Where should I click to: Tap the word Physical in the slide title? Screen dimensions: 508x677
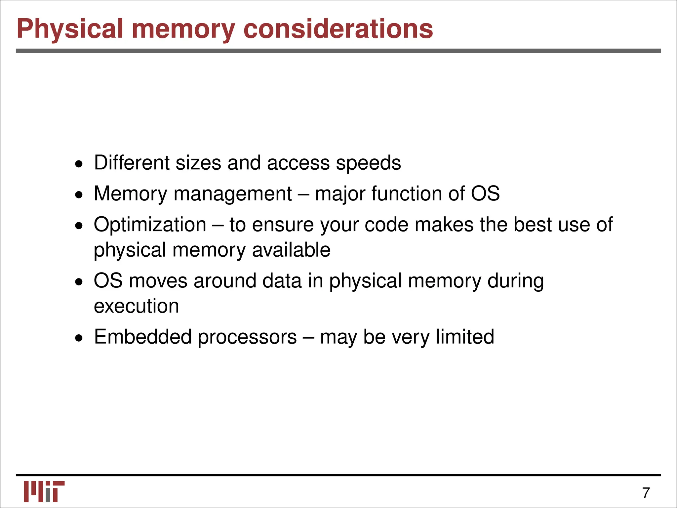click(x=70, y=29)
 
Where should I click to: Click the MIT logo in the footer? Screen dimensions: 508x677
click(x=44, y=491)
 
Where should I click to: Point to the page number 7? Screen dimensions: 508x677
click(x=646, y=493)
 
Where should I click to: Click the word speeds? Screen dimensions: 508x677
click(x=368, y=163)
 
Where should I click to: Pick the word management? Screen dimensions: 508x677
click(x=232, y=194)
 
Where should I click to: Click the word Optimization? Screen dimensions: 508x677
click(x=150, y=225)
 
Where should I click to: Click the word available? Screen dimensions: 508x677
click(x=291, y=250)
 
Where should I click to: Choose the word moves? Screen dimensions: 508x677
click(x=158, y=281)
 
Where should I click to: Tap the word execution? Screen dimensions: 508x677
click(x=136, y=306)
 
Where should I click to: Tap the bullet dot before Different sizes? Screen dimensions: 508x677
click(x=79, y=164)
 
